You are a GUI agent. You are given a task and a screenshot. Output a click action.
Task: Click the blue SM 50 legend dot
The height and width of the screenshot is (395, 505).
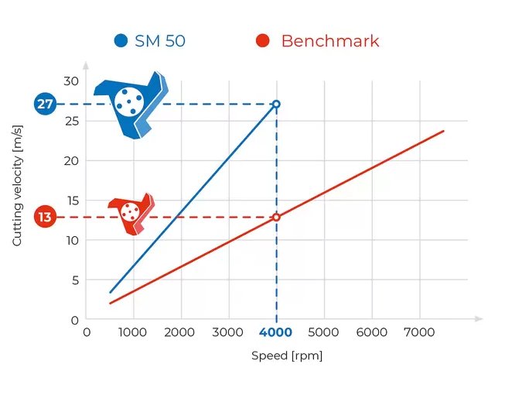point(121,41)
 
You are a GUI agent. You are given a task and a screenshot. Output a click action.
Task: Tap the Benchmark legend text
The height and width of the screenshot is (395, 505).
point(330,41)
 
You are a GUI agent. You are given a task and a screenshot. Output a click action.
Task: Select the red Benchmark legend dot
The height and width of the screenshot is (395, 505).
point(263,41)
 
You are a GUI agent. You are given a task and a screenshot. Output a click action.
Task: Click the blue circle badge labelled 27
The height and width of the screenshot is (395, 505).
point(45,104)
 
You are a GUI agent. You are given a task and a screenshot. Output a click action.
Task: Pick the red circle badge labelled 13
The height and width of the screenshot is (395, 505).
point(45,217)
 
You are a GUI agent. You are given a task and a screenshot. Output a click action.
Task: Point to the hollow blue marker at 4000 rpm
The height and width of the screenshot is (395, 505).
point(276,104)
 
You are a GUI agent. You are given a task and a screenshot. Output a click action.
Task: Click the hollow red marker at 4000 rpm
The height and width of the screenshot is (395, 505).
point(276,217)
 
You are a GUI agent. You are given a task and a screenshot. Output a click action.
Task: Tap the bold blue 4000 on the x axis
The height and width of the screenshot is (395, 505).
point(275,332)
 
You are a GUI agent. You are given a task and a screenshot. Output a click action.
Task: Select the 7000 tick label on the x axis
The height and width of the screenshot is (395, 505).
point(418,332)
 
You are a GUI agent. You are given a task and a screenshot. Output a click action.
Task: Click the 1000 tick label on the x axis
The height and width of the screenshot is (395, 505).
point(133,332)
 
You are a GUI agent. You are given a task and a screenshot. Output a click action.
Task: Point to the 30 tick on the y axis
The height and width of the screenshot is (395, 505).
point(72,81)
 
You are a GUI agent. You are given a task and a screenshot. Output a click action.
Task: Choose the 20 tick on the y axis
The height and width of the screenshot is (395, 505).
point(72,160)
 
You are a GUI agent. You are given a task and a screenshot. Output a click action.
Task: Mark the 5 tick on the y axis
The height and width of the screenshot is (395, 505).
point(75,280)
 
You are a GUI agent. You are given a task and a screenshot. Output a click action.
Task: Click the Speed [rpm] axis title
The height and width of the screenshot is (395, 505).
point(287,356)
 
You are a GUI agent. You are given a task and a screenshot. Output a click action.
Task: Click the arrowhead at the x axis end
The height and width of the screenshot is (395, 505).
point(479,318)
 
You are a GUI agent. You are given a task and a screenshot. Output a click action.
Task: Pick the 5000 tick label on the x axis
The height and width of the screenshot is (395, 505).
point(323,332)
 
